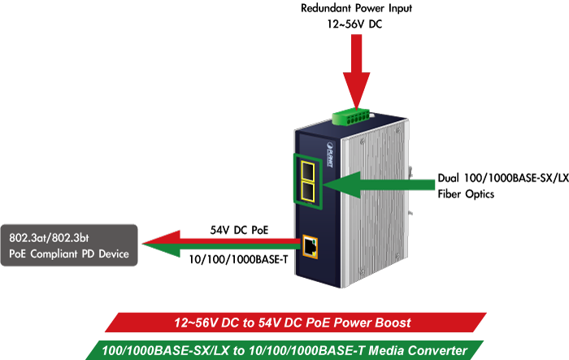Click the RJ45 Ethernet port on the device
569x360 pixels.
pyautogui.click(x=310, y=245)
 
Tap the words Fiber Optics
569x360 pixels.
pyautogui.click(x=467, y=194)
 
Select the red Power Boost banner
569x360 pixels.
pyautogui.click(x=293, y=322)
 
